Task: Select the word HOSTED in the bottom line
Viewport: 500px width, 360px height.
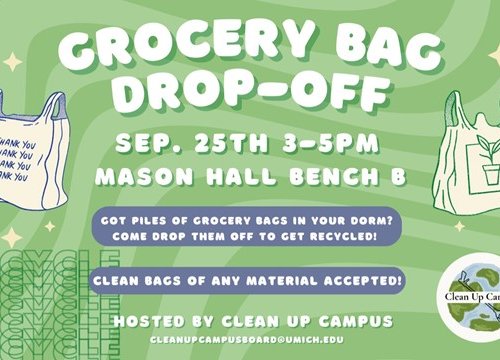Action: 150,322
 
